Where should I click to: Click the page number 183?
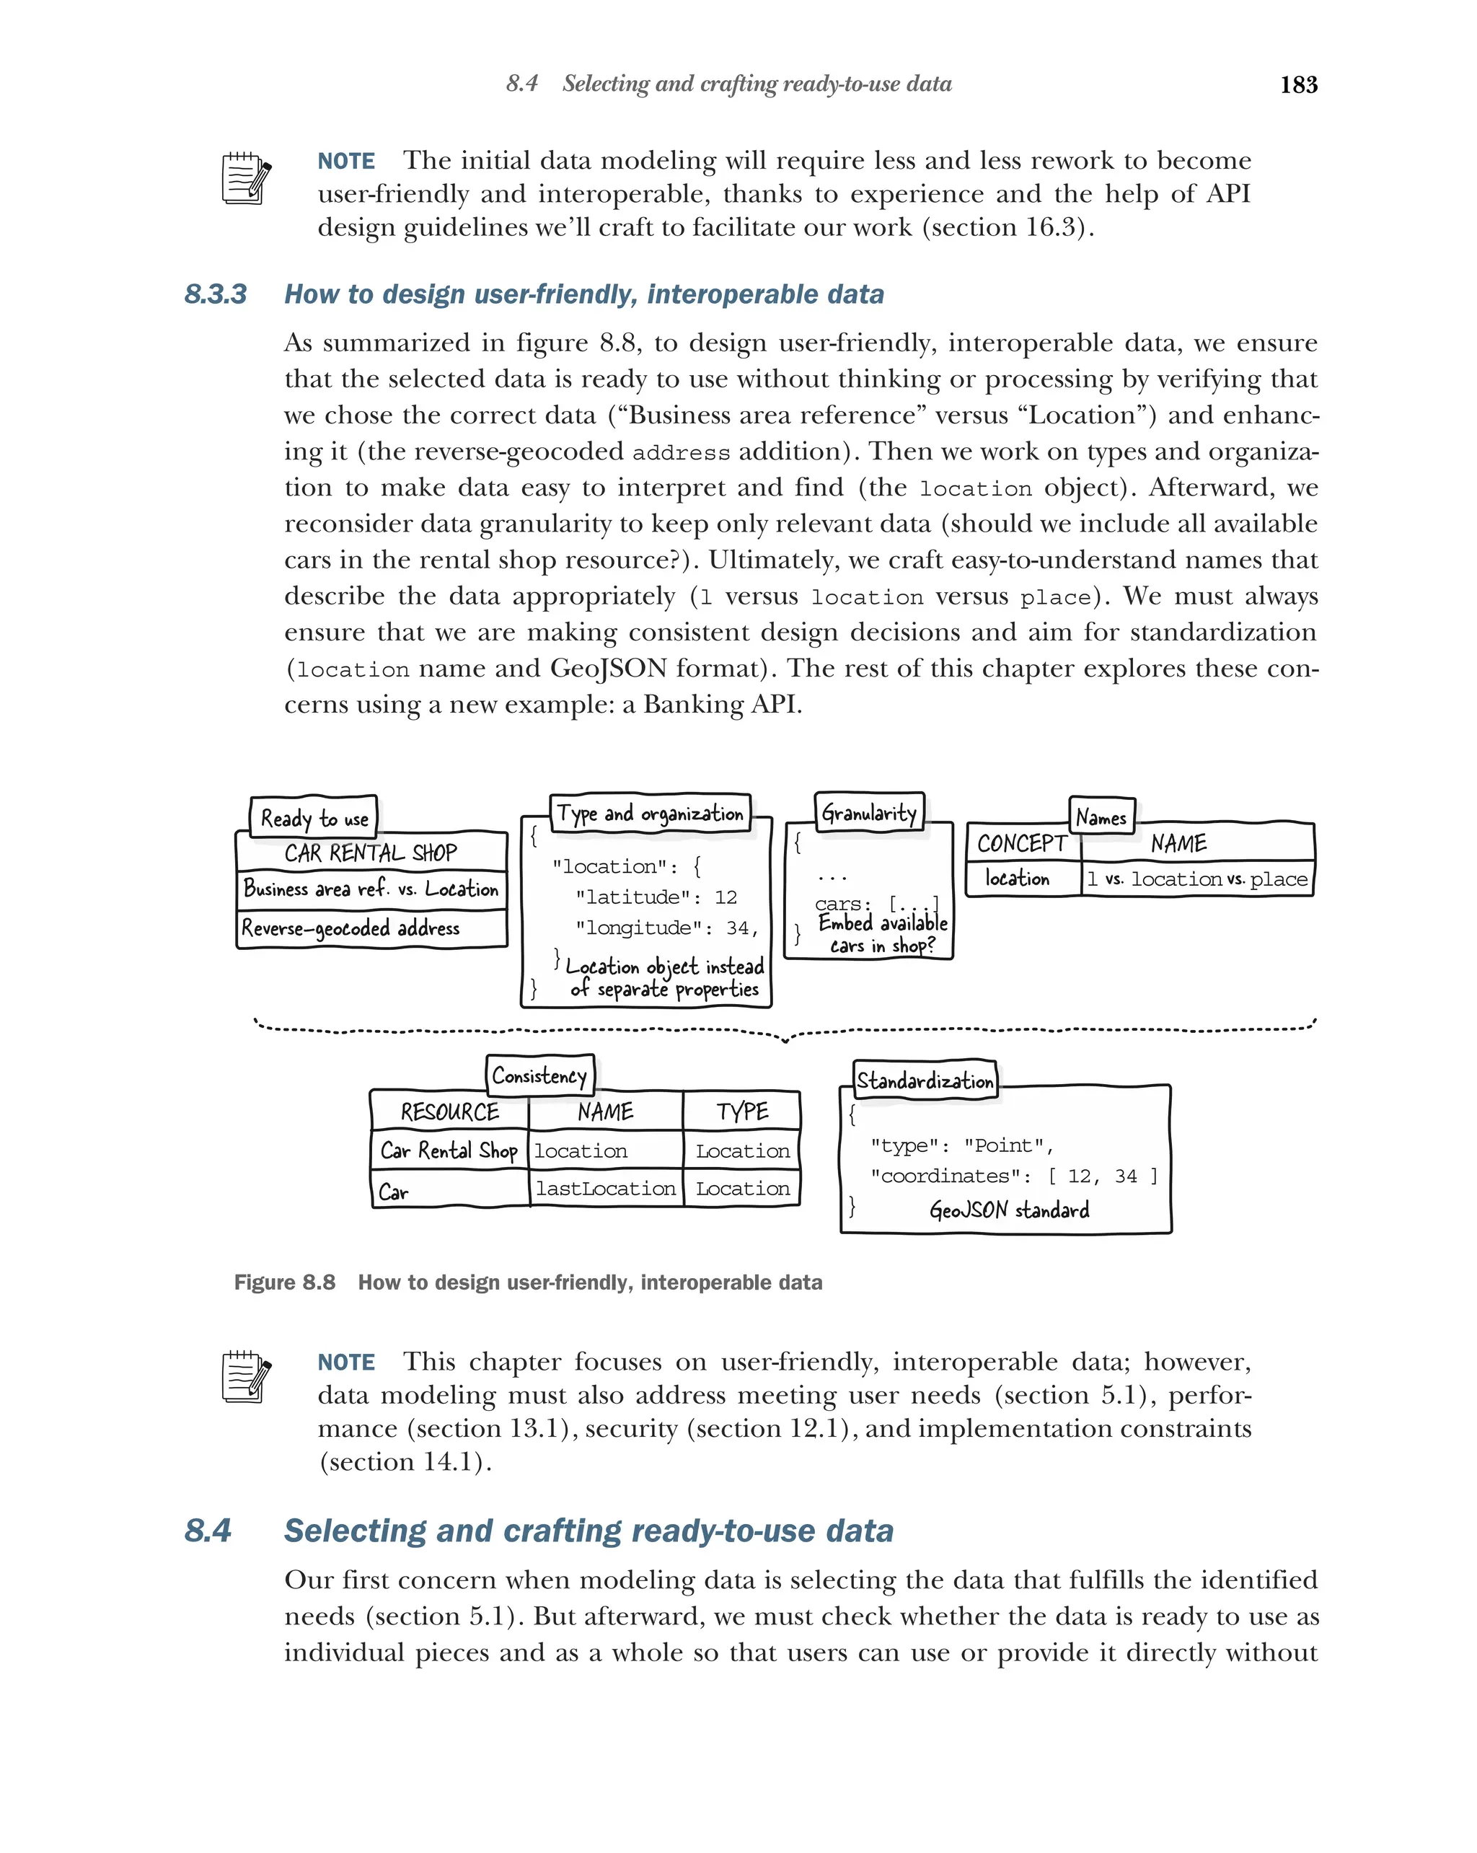(1297, 84)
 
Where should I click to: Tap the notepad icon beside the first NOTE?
(246, 178)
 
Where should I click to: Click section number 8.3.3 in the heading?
(215, 295)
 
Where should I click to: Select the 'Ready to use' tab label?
(314, 818)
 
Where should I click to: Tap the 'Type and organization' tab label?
(650, 813)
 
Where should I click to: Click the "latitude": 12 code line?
(656, 897)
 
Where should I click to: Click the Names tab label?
(1101, 817)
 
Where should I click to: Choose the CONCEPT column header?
(1022, 844)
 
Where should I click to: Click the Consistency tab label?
(539, 1075)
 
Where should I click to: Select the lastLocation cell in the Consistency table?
(606, 1189)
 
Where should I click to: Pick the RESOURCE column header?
(449, 1112)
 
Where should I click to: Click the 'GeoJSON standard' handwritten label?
(1009, 1210)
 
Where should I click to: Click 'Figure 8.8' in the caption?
(284, 1282)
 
